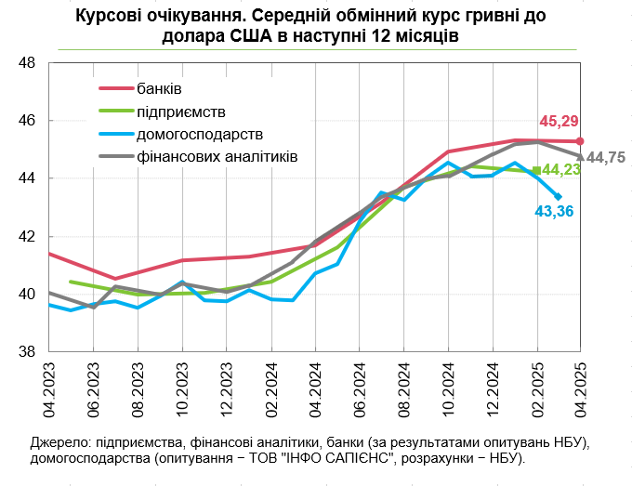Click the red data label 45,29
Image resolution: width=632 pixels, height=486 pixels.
click(x=559, y=122)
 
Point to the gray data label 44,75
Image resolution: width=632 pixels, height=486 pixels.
click(x=606, y=158)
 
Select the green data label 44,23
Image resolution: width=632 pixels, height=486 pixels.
click(x=561, y=170)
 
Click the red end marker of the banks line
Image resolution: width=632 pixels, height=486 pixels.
click(x=580, y=141)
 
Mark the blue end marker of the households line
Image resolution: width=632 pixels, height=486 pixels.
click(x=558, y=196)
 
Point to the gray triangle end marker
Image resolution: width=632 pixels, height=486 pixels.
click(x=580, y=156)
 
